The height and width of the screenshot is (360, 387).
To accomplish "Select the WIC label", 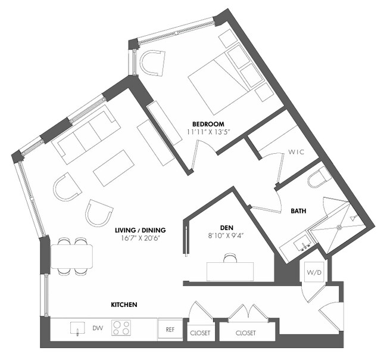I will [x=296, y=152].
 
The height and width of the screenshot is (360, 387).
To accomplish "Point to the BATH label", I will [x=299, y=211].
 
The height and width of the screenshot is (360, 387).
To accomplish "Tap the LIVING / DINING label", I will [x=141, y=229].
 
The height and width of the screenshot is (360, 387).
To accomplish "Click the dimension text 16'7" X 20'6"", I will [x=141, y=238].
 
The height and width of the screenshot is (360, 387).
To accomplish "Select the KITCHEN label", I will [x=124, y=305].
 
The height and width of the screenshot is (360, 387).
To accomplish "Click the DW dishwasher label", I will [x=96, y=328].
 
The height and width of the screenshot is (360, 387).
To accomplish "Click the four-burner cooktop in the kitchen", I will [x=122, y=328].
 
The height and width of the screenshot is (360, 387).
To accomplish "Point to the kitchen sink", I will [x=77, y=328].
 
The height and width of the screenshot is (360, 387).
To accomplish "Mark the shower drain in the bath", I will [x=339, y=226].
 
